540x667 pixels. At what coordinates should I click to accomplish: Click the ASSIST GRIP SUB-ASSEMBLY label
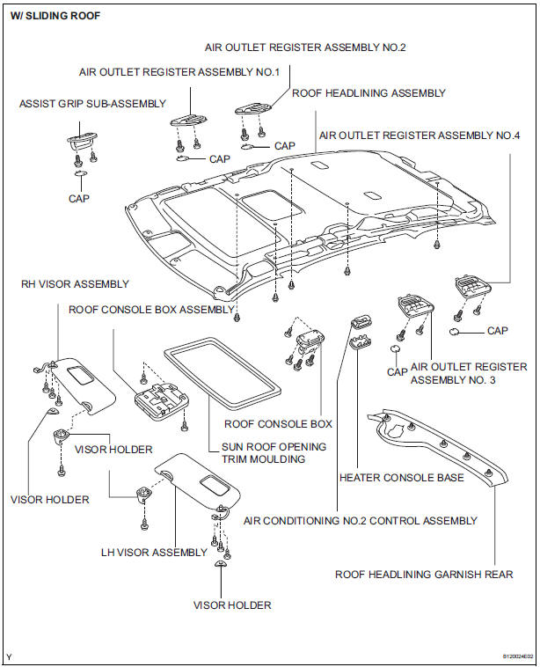(92, 104)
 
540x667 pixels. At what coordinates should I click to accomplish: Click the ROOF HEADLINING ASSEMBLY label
(369, 92)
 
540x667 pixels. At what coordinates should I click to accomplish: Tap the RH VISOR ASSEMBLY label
(75, 284)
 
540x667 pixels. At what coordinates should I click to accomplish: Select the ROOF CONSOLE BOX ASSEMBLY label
(151, 309)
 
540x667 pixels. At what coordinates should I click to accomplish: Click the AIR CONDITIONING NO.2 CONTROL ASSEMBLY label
(361, 521)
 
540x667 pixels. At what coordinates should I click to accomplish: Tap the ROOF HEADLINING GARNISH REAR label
(423, 574)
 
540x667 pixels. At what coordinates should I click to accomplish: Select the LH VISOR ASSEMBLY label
(154, 553)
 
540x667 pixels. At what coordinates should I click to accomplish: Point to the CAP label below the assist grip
(78, 199)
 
